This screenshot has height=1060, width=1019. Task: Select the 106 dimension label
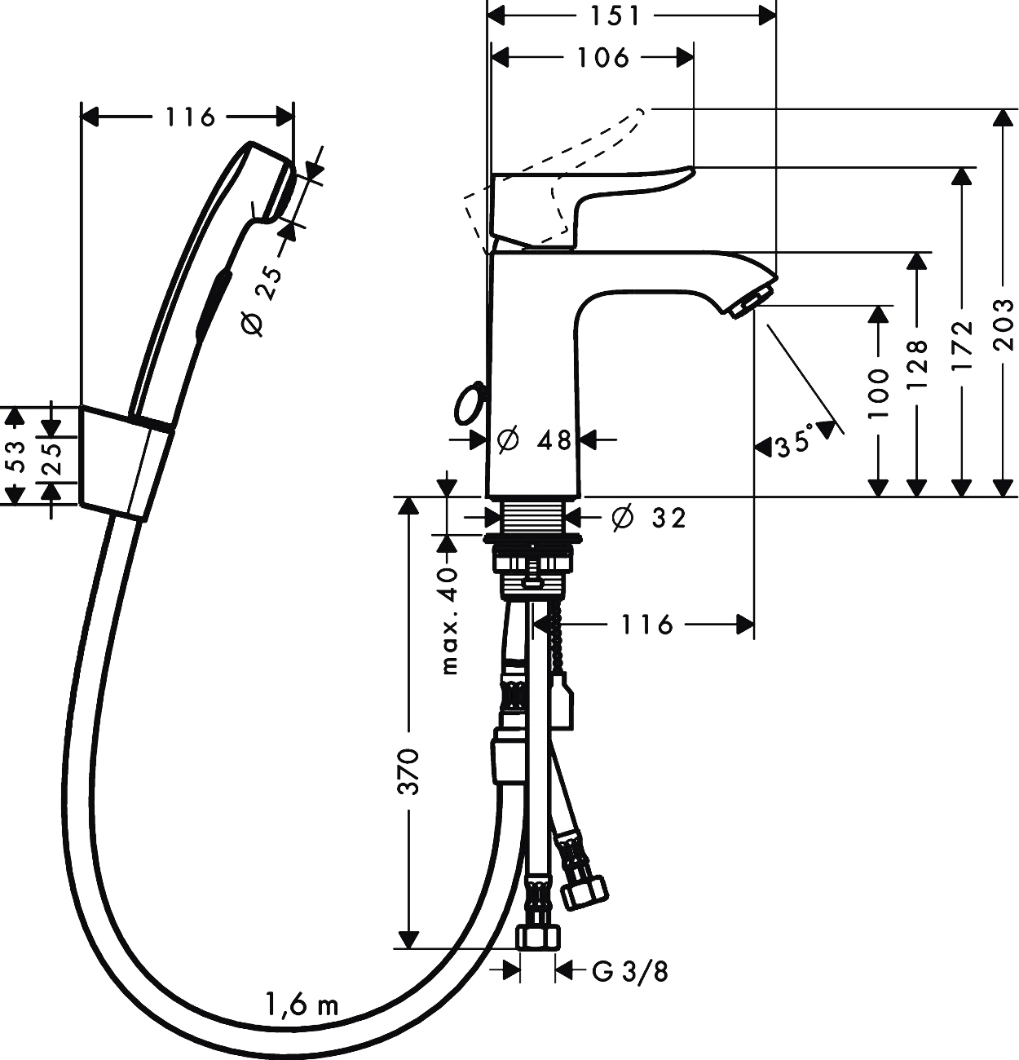(602, 57)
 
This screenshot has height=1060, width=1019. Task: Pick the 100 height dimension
(878, 393)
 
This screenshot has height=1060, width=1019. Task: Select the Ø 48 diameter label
(534, 440)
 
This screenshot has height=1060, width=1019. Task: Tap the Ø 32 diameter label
(649, 517)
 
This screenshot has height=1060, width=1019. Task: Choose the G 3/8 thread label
(629, 971)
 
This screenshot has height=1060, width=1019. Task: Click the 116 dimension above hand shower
(190, 117)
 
